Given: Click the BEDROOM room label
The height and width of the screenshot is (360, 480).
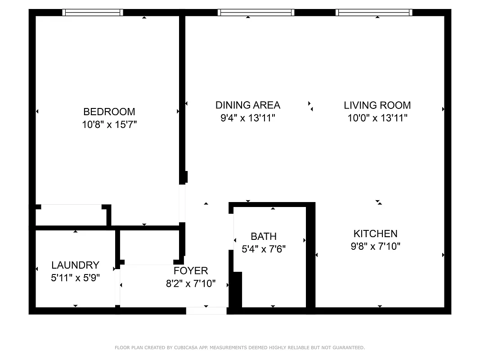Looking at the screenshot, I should click(x=109, y=112).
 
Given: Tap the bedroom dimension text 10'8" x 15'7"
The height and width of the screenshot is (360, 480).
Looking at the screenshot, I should click(x=109, y=125).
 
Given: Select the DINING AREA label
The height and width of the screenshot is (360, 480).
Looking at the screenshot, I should click(x=247, y=105).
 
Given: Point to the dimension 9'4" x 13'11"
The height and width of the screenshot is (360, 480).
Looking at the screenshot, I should click(x=247, y=118).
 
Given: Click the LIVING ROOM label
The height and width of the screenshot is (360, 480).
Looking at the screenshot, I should click(x=377, y=105).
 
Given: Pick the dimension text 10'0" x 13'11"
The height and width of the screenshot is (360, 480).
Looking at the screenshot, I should click(x=377, y=118).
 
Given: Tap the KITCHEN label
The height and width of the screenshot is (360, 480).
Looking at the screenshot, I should click(x=375, y=234).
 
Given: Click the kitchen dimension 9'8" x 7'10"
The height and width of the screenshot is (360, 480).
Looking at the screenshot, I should click(x=375, y=247).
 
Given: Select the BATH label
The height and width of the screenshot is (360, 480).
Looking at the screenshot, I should click(x=264, y=236).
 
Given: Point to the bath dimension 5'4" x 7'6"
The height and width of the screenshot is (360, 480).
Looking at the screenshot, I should click(x=264, y=249).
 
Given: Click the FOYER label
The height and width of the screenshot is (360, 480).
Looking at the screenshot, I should click(x=191, y=270).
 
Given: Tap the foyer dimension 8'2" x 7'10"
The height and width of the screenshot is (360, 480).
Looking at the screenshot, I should click(x=191, y=283).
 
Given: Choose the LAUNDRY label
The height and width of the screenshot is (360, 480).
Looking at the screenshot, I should click(x=75, y=265).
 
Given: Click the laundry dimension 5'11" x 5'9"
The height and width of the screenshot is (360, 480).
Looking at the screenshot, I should click(x=75, y=278).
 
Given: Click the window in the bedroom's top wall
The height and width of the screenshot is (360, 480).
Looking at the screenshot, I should click(x=93, y=13).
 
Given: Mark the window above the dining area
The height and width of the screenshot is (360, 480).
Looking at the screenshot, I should click(x=256, y=13).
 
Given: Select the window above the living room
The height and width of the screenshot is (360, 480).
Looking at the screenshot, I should click(x=374, y=13).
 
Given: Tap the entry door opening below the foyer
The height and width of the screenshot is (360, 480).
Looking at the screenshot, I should click(x=206, y=310).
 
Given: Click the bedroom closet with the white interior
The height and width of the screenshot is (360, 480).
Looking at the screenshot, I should click(x=71, y=215).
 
